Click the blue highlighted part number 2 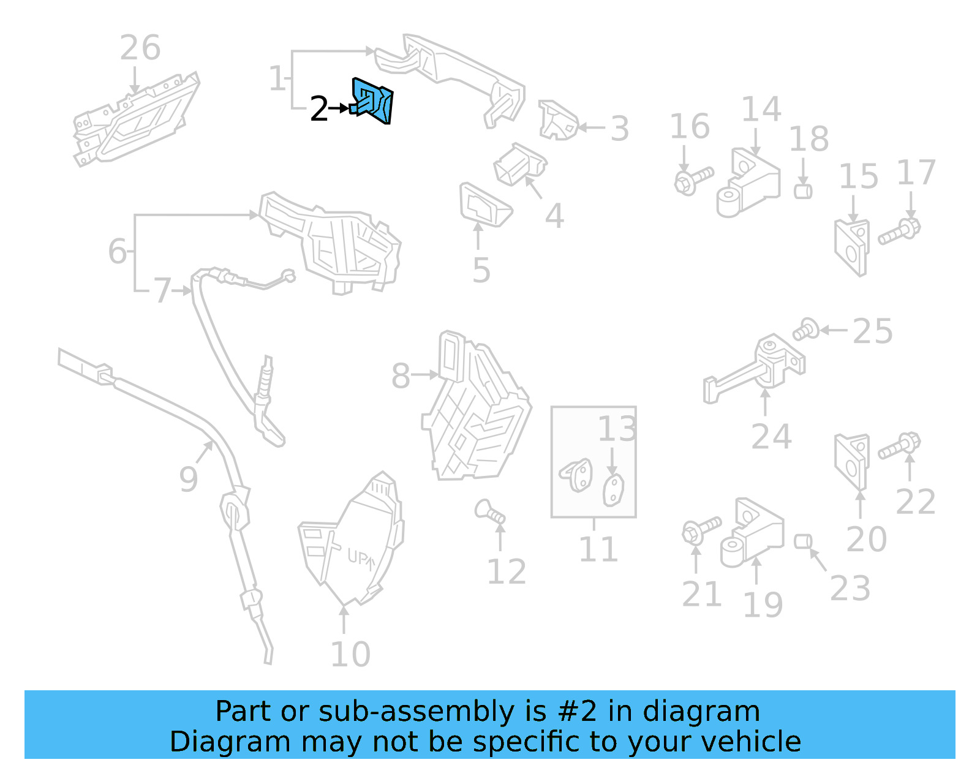pos(373,102)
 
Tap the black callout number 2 pos(318,109)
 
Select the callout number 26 pos(140,48)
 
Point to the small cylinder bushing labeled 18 pos(802,191)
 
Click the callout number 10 pos(350,654)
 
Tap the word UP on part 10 pos(360,557)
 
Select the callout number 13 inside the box pos(617,429)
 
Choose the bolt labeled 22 pos(899,447)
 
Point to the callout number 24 pos(771,437)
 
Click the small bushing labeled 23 pos(802,541)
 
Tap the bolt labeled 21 pos(701,529)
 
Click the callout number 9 pos(188,479)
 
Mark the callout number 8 pos(400,375)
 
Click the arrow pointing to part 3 pos(592,127)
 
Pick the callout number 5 pos(481,270)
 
